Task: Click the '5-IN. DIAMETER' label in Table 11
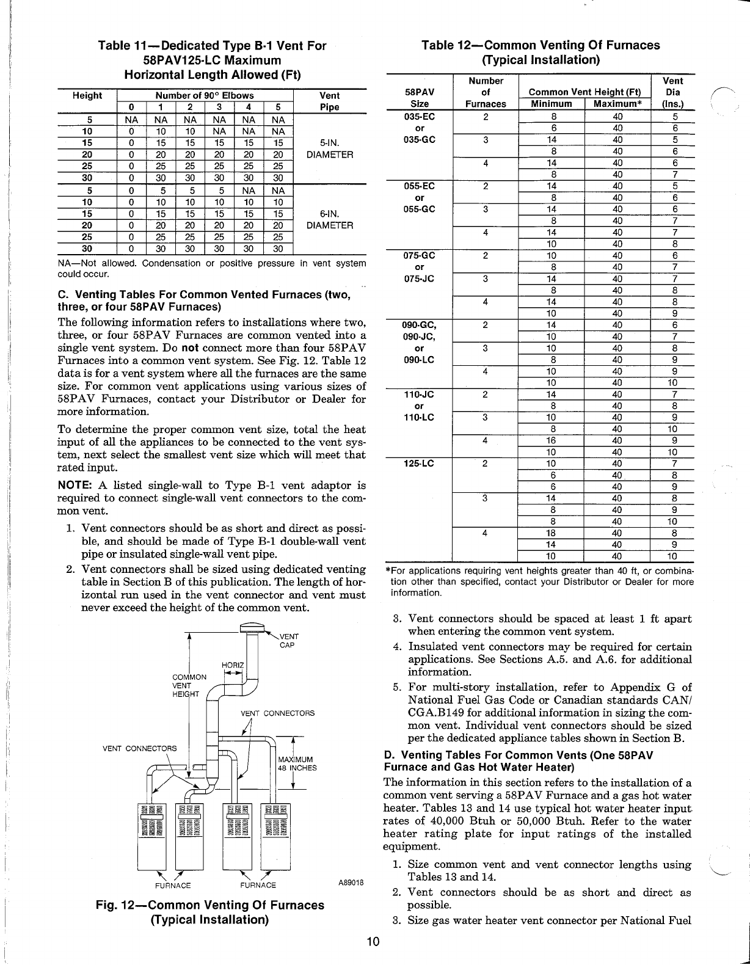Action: point(330,149)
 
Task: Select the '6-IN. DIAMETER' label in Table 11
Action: point(330,219)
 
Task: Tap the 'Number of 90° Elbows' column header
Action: point(205,95)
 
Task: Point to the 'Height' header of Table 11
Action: point(87,95)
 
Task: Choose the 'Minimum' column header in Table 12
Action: point(550,104)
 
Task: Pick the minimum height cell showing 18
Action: point(550,533)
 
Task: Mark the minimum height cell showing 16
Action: point(550,440)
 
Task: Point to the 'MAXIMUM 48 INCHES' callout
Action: point(297,764)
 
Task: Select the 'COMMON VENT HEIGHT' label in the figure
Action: point(189,685)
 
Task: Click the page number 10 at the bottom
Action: point(374,941)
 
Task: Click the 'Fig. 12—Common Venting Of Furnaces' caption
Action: point(210,905)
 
